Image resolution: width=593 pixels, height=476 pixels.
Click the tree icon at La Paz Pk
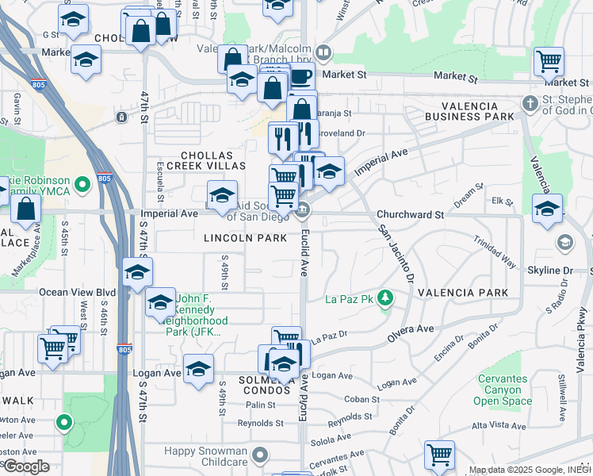pyautogui.click(x=386, y=298)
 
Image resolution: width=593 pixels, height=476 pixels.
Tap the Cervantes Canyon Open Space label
pyautogui.click(x=503, y=390)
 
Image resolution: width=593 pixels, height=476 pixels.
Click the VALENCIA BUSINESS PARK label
pyautogui.click(x=469, y=110)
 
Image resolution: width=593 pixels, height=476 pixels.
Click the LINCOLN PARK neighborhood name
pyautogui.click(x=233, y=238)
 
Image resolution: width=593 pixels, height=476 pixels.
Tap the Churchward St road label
pyautogui.click(x=410, y=215)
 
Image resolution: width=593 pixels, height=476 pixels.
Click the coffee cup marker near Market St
pyautogui.click(x=300, y=76)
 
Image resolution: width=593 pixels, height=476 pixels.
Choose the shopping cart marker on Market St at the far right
pyautogui.click(x=548, y=60)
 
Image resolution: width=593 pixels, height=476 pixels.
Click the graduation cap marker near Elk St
pyautogui.click(x=547, y=208)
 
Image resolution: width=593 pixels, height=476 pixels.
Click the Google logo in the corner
pyautogui.click(x=26, y=466)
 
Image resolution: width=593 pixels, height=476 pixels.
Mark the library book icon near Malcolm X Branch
pyautogui.click(x=323, y=53)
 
